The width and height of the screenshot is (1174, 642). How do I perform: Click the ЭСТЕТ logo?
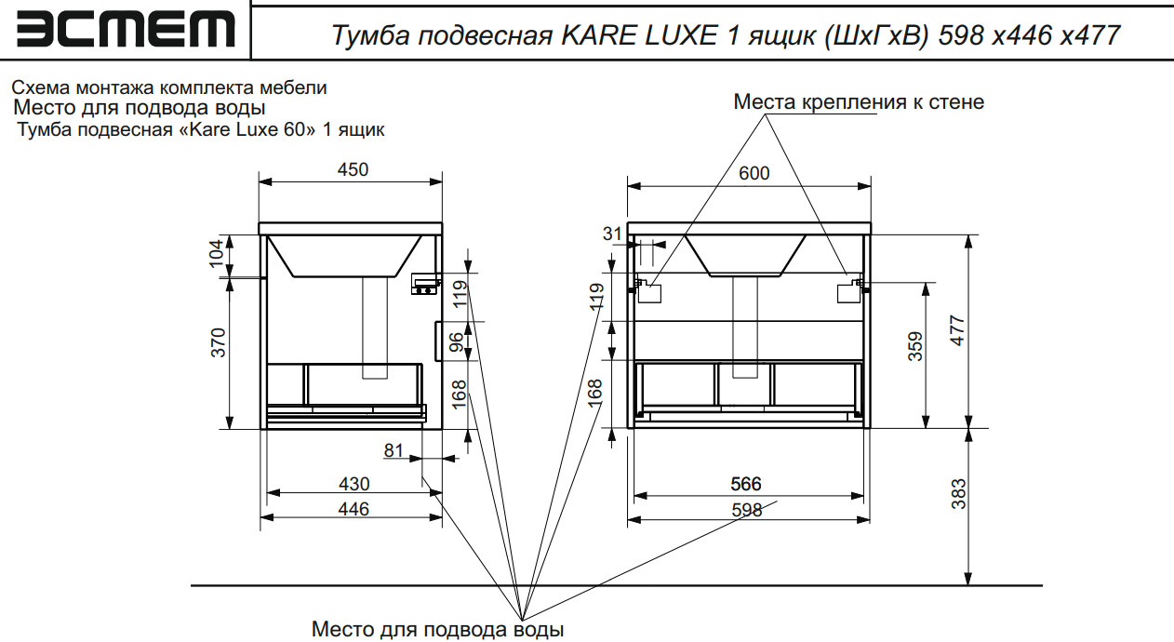point(126,30)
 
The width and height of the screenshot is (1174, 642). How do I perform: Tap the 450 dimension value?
point(353,169)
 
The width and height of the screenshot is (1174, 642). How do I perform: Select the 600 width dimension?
point(754,173)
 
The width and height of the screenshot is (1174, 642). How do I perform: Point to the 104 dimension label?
point(217,251)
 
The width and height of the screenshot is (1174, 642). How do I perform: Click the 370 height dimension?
point(217,346)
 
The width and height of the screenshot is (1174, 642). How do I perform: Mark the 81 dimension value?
point(394,451)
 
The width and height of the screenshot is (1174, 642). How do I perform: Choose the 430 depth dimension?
point(354,484)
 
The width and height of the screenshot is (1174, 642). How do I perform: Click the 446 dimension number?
point(354,509)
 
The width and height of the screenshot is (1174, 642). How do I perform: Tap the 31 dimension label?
point(611,234)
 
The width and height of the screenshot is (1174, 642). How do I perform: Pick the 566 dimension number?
point(746,484)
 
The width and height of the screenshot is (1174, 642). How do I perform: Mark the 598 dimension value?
point(746,510)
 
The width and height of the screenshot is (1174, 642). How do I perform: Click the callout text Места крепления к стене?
point(859,101)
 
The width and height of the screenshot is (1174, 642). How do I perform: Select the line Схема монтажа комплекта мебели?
point(168,88)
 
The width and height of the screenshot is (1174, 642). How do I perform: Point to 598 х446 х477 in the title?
point(1030,36)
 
